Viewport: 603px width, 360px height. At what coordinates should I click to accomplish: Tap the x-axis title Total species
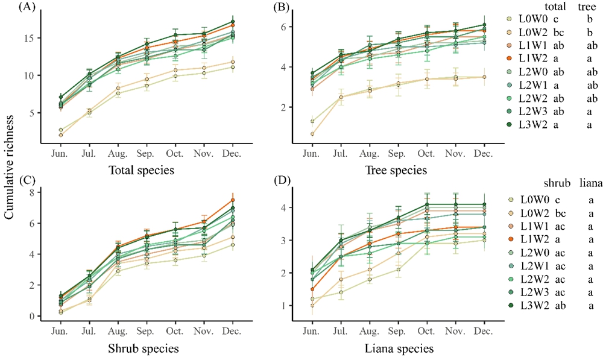point(147,170)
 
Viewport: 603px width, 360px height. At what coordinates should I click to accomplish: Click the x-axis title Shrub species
point(147,348)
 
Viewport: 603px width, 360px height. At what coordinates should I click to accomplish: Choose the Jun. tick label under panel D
point(311,332)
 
